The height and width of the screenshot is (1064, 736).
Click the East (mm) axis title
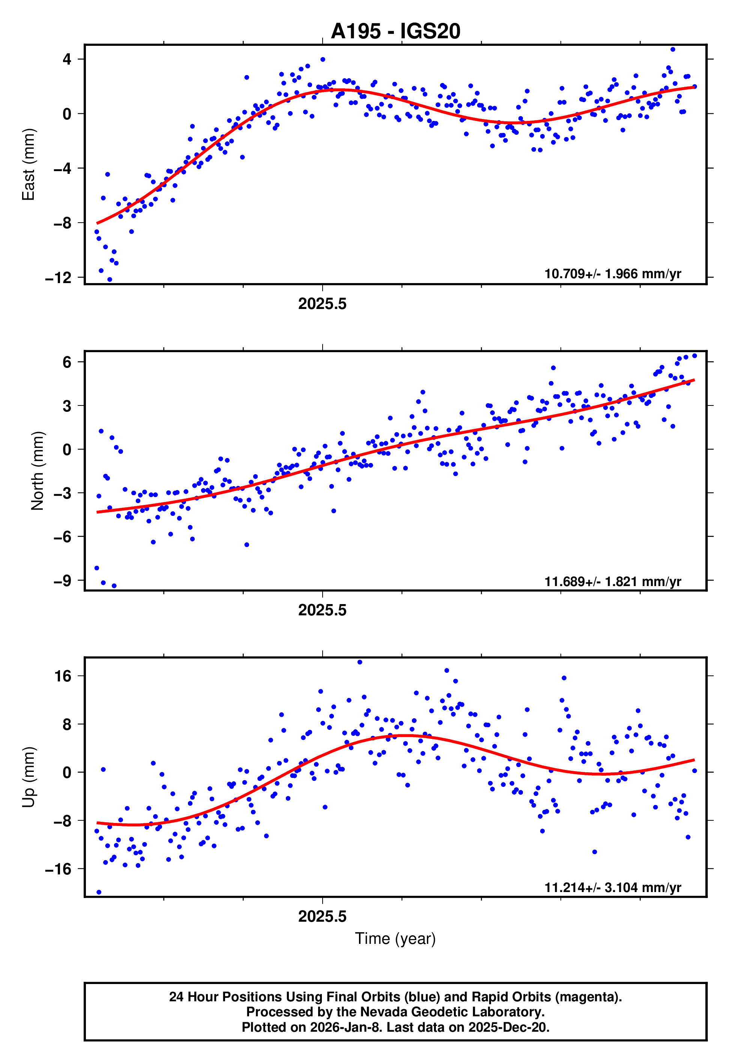click(x=29, y=164)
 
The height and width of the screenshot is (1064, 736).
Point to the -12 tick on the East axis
click(x=58, y=278)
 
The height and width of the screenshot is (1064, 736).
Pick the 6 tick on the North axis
click(x=67, y=362)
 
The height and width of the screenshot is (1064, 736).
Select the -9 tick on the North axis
click(x=62, y=580)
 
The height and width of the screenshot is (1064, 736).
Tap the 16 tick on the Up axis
click(x=63, y=677)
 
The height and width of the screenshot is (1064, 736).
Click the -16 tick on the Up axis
click(x=58, y=869)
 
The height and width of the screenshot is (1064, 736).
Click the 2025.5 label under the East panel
click(x=322, y=304)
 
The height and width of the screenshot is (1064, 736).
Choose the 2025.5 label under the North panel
click(x=322, y=610)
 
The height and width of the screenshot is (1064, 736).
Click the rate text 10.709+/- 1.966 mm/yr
click(x=613, y=274)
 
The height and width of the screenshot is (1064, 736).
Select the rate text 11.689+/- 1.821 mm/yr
click(x=613, y=581)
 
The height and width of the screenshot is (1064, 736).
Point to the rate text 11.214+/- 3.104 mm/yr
click(x=613, y=887)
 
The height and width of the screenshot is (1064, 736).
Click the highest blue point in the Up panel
click(x=360, y=662)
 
